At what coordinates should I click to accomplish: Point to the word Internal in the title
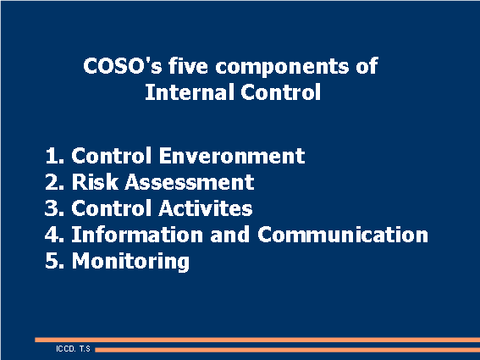click(x=183, y=92)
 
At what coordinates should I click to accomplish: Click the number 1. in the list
click(x=55, y=157)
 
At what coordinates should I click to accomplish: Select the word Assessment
click(x=186, y=182)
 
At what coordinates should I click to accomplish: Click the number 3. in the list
click(x=55, y=208)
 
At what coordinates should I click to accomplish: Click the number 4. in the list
click(x=55, y=235)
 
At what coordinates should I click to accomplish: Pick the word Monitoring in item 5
click(x=130, y=261)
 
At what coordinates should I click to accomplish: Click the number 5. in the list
click(x=55, y=261)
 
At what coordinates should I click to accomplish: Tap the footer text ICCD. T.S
click(x=73, y=348)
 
